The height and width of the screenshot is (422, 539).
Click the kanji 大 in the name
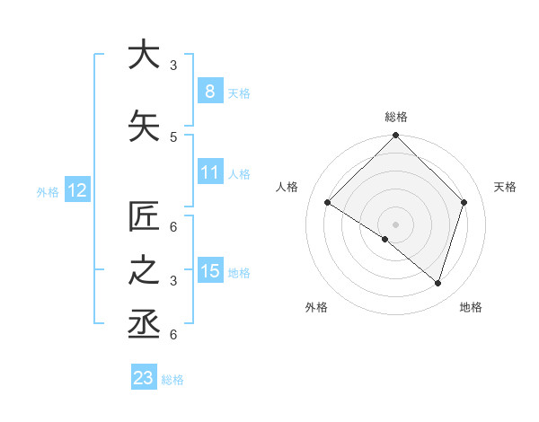144,55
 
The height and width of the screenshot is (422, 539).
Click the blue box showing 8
209,91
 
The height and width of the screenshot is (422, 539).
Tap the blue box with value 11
209,171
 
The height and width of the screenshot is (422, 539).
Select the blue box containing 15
209,270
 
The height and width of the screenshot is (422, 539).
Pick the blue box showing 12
77,189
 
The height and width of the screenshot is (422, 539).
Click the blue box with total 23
144,378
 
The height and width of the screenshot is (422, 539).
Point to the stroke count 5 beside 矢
172,136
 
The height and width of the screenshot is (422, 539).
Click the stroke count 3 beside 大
172,65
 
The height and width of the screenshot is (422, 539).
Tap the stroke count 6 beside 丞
172,334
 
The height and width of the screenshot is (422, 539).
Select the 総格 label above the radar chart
395,117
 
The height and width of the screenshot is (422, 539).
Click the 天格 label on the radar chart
505,187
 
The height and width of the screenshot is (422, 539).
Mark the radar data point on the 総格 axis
395,136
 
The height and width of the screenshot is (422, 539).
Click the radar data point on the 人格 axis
328,202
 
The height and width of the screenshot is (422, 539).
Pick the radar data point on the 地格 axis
437,283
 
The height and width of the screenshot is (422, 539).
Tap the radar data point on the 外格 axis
384,239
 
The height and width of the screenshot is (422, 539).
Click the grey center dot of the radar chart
395,224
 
